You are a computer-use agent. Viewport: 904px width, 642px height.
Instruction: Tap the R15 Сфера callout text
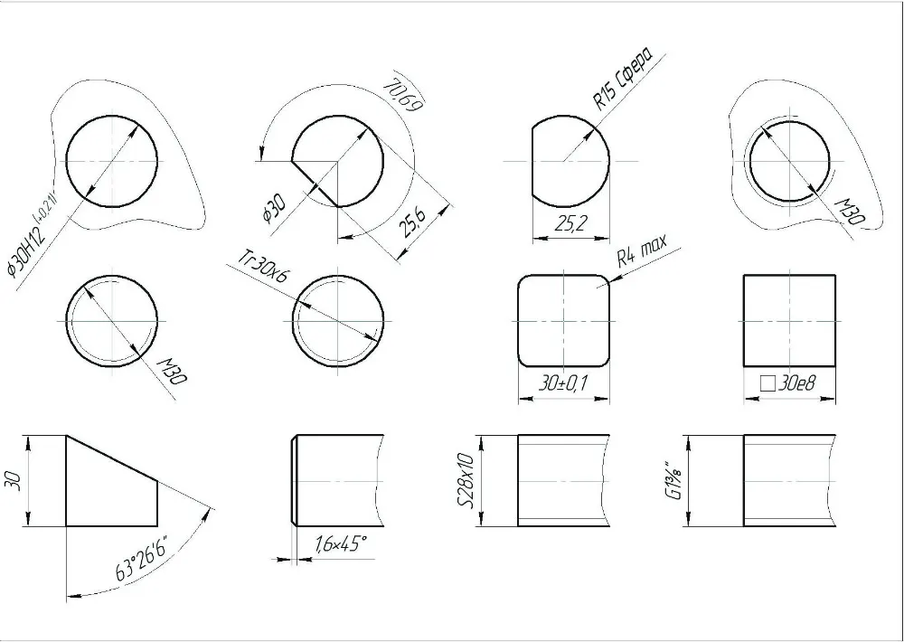[x=624, y=79]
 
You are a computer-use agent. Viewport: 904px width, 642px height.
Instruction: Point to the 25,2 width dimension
[x=570, y=223]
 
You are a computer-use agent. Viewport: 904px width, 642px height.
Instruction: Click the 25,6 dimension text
[x=413, y=223]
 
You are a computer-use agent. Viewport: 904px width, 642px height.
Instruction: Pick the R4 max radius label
[x=642, y=250]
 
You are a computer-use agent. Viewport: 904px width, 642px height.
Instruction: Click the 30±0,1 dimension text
[x=562, y=383]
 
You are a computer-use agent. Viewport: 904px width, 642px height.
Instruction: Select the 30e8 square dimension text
[x=797, y=383]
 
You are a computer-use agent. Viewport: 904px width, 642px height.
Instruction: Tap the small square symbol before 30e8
[x=767, y=383]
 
